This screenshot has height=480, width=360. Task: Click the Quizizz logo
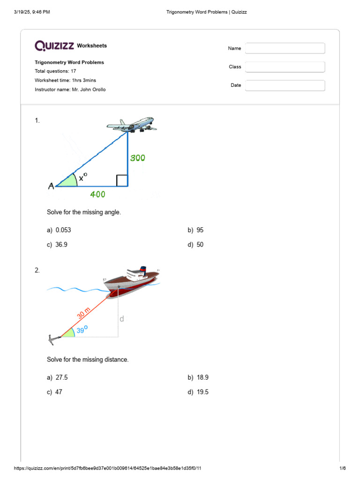[x=54, y=45]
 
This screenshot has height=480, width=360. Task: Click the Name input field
[x=285, y=48]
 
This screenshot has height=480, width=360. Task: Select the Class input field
[x=285, y=67]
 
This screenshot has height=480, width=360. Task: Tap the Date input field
[x=285, y=85]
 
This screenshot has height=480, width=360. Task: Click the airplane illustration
[x=132, y=125]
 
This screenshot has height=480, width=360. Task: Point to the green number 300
[x=137, y=158]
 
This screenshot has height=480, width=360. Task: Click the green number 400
[x=97, y=194]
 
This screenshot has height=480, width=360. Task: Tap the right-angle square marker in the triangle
[x=122, y=180]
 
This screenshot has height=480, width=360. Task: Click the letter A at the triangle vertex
[x=51, y=187]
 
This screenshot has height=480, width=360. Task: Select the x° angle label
[x=83, y=177]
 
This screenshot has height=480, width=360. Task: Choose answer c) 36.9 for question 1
[x=61, y=245]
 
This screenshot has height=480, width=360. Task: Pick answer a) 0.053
[x=63, y=230]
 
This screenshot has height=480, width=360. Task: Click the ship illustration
[x=131, y=281]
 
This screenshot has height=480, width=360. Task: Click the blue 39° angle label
[x=82, y=330]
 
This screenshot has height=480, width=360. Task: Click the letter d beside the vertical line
[x=122, y=319]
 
